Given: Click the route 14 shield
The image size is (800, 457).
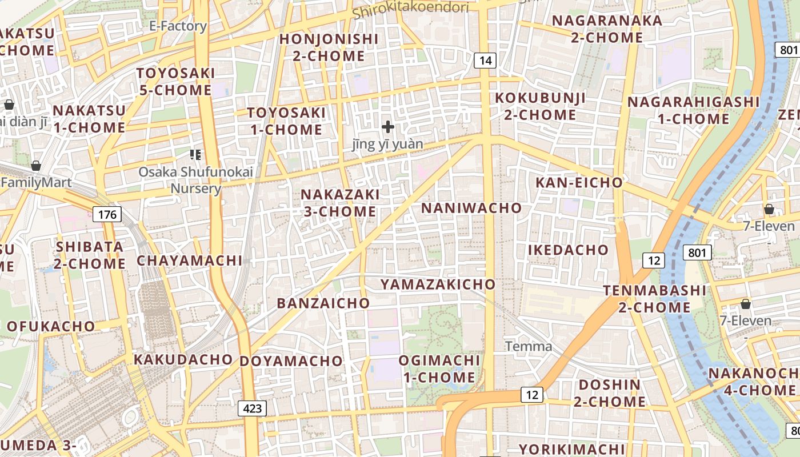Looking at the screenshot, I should tap(485, 61).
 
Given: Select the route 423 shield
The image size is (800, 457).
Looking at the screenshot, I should tap(252, 408).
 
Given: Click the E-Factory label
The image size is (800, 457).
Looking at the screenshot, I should tap(178, 26).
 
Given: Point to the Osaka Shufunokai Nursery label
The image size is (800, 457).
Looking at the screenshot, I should tap(195, 180).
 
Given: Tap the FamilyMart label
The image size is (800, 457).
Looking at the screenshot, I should tap(36, 183).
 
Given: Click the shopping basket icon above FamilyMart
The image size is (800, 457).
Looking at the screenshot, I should tap(36, 166).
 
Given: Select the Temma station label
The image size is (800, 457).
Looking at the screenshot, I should tap(529, 346).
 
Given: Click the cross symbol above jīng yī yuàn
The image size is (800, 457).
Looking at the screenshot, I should tap(388, 126).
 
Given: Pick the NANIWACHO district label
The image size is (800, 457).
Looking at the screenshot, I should tap(471, 208).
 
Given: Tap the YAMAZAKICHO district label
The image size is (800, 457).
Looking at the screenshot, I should tap(438, 284).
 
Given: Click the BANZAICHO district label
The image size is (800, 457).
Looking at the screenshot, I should tap(323, 303).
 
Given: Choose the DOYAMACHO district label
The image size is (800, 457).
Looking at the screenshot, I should tap(291, 361).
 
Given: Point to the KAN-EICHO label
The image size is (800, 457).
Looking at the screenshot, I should tap(579, 183).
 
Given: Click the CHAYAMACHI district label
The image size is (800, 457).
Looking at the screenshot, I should tap(190, 260).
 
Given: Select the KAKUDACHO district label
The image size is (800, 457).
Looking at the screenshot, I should tap(183, 359).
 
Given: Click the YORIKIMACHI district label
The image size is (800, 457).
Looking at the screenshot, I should tap(571, 448).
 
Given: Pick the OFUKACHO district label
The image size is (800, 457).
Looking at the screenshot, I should tap(50, 326).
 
